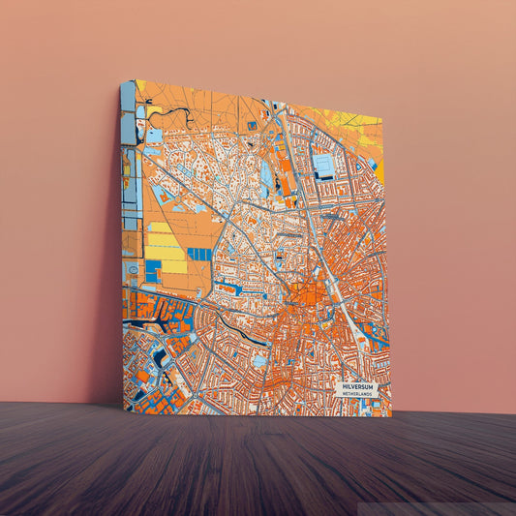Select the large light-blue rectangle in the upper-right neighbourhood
coord(323,166)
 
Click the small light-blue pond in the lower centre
coord(259,361)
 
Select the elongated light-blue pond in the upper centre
coord(265,177)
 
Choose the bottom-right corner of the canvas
coord(390,415)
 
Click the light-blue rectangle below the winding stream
coord(154,136)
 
